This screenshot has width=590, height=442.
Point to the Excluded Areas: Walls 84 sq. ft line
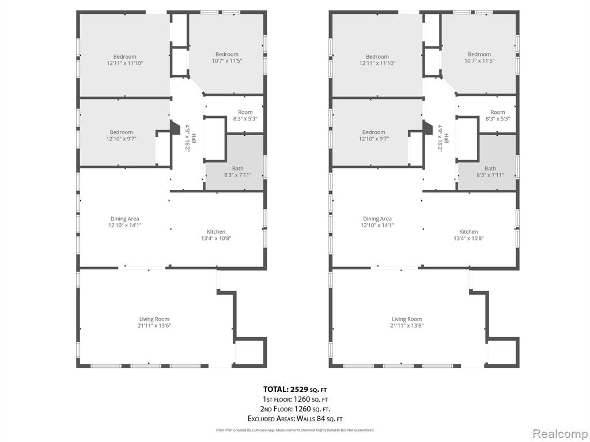[x=294, y=418]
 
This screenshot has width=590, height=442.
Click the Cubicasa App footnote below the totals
[x=294, y=430]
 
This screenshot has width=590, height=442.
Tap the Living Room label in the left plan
[x=154, y=319]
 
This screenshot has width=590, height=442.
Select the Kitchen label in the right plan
[x=468, y=231]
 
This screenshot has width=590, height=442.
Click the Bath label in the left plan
[x=238, y=169]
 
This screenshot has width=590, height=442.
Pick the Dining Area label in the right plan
[x=377, y=219]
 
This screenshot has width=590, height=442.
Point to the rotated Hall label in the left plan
[x=194, y=138]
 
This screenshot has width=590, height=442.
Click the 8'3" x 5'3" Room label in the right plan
[x=497, y=115]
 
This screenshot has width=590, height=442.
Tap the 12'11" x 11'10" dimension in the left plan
[x=125, y=63]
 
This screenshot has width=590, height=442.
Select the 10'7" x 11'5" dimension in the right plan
[x=479, y=60]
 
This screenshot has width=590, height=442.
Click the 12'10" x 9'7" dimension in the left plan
[x=121, y=139]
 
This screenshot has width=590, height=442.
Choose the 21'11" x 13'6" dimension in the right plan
[x=407, y=326]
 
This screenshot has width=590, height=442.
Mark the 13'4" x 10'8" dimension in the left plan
[x=216, y=238]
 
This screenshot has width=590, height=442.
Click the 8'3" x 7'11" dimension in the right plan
[x=490, y=175]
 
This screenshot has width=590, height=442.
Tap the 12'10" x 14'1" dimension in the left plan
[x=124, y=225]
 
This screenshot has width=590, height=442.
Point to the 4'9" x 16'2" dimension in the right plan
[x=440, y=138]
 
